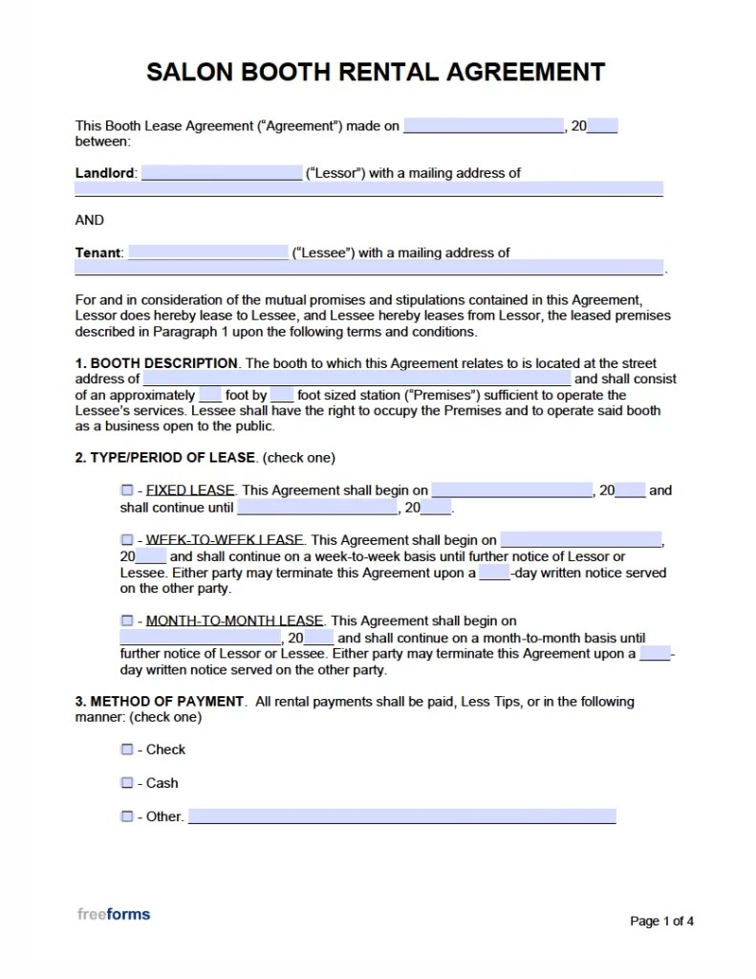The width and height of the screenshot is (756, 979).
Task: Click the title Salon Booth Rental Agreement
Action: [x=375, y=72]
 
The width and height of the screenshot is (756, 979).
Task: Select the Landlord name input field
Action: [x=222, y=173]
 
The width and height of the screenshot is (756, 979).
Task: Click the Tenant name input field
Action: [x=207, y=252]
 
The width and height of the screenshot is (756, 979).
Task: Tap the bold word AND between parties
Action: [x=90, y=220]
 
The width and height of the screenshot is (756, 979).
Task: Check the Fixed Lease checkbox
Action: [x=127, y=490]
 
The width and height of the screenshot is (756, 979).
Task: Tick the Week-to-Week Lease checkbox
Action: [x=127, y=539]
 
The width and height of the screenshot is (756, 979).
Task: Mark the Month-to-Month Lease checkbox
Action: [x=127, y=620]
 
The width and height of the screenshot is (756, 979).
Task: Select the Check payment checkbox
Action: [x=127, y=750]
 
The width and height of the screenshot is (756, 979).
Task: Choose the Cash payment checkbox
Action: [x=127, y=783]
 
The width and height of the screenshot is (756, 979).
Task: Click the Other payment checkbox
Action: [x=127, y=816]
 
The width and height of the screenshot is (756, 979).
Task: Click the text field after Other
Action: [x=401, y=816]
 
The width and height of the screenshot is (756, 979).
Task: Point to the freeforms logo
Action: [x=114, y=914]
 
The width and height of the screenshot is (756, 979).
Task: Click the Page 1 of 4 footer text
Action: [x=661, y=922]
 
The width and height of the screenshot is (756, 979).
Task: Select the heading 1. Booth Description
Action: [x=157, y=363]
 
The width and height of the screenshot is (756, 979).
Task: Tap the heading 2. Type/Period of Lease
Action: [x=165, y=458]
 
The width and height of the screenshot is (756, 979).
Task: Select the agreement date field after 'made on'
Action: [x=484, y=125]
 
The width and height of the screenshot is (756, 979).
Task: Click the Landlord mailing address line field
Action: [x=369, y=189]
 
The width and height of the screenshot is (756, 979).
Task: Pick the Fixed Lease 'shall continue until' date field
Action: [x=317, y=508]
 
